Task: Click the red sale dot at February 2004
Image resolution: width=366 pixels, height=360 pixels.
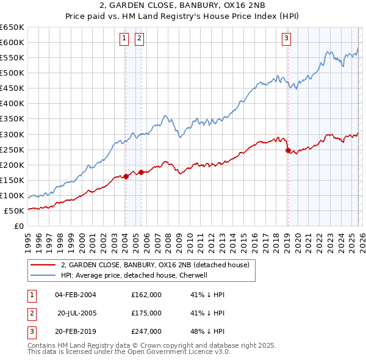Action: coord(126,176)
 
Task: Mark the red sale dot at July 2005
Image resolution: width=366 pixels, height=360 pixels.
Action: coord(141,172)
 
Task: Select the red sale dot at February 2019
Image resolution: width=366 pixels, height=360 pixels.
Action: coord(287,150)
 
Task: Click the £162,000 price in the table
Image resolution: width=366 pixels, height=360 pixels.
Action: coord(146,295)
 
